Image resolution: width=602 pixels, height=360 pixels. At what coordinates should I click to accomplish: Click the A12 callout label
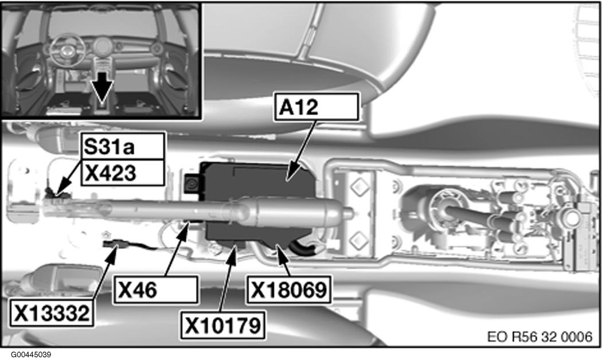tap(316, 107)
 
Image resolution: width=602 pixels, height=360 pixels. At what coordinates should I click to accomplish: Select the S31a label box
tap(123, 146)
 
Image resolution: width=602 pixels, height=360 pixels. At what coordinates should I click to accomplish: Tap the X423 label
tap(123, 173)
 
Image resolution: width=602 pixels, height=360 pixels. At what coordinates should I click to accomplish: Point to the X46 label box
tap(156, 289)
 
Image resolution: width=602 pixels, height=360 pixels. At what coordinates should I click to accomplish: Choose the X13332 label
tap(52, 313)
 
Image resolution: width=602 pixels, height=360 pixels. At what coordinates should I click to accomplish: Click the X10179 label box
tap(222, 325)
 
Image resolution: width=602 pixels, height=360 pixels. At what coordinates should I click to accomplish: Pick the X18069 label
tap(289, 289)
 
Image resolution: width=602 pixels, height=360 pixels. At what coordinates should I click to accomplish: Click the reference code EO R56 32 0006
tap(540, 336)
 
